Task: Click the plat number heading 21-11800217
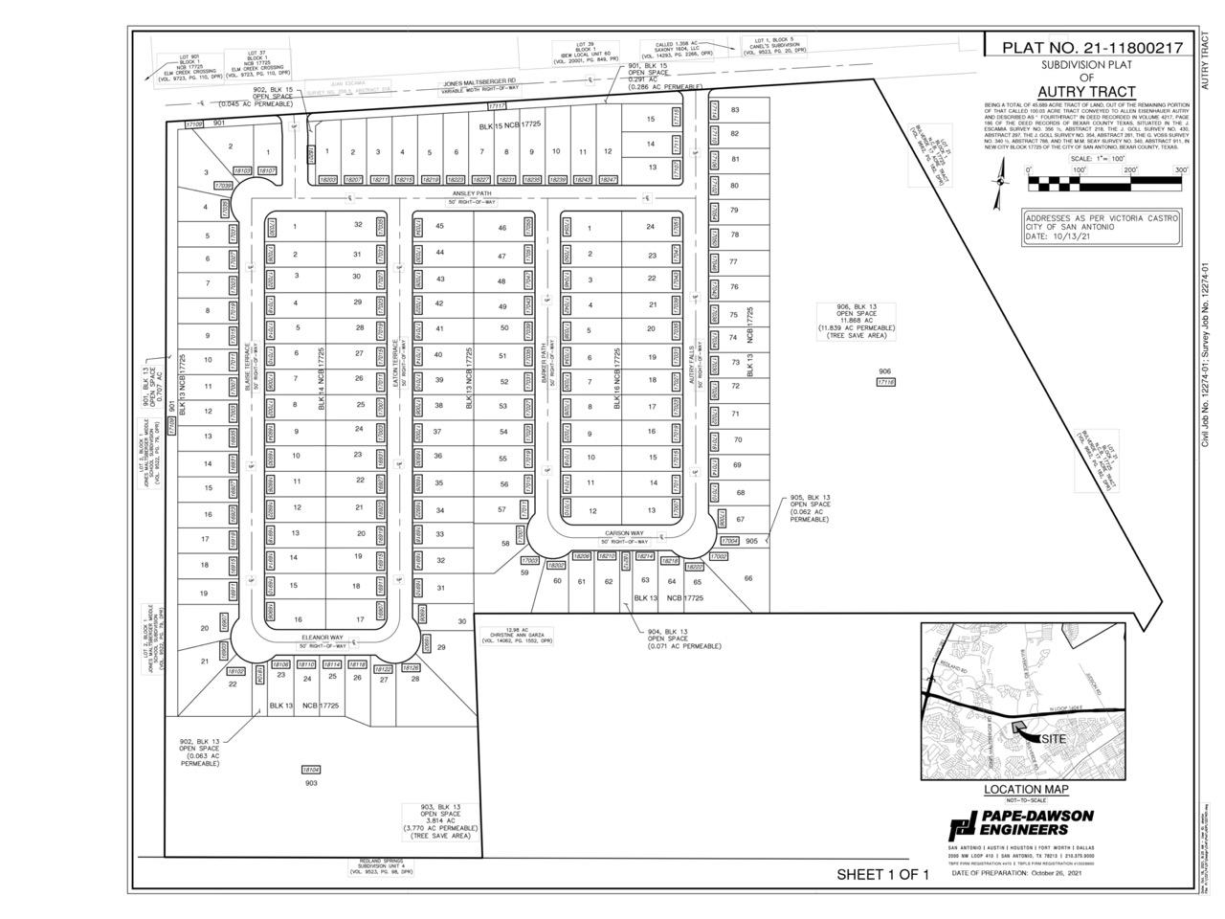(x=1091, y=47)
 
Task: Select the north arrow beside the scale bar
(x=1001, y=177)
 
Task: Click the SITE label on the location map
(x=1054, y=739)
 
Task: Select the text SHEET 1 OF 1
(x=882, y=874)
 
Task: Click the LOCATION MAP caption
(x=1026, y=790)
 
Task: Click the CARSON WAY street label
(x=622, y=533)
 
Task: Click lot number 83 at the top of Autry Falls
(x=735, y=110)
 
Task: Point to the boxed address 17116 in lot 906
(x=885, y=382)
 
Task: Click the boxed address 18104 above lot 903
(x=311, y=769)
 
